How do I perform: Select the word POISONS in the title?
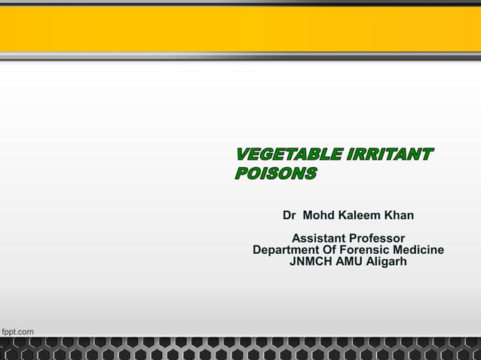pos(276,175)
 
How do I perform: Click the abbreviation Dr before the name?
pos(290,215)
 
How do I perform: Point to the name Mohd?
pos(320,215)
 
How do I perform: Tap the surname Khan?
pos(400,215)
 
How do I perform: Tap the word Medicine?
pos(418,250)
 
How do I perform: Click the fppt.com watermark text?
pos(17,331)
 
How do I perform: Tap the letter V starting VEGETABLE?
pos(243,156)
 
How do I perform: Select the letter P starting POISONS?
pos(242,175)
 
